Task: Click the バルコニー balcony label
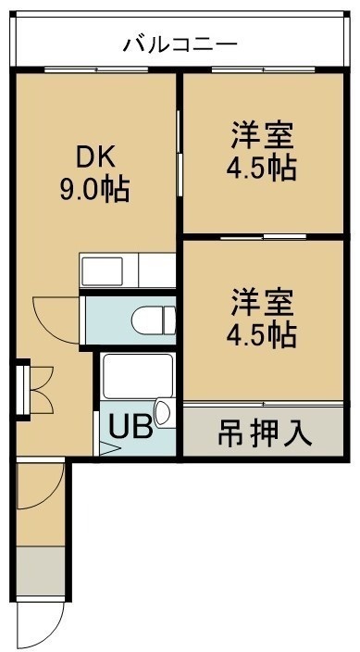click(180, 44)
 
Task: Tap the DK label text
click(94, 158)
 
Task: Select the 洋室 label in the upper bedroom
click(263, 134)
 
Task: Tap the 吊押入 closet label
click(265, 434)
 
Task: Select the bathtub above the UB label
click(138, 376)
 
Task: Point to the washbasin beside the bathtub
click(165, 413)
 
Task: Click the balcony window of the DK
click(96, 69)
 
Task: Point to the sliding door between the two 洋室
click(263, 237)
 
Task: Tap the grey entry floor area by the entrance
click(41, 570)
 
